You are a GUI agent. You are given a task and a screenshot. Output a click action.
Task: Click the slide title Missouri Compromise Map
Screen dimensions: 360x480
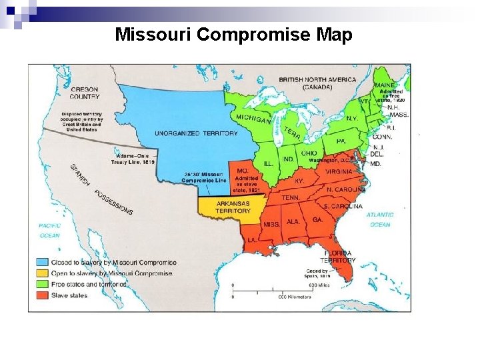tap(233, 35)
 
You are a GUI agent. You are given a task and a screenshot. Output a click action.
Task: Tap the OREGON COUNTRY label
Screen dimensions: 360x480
tap(85, 93)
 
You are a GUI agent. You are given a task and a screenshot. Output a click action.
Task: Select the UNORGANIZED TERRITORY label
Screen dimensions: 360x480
tap(196, 133)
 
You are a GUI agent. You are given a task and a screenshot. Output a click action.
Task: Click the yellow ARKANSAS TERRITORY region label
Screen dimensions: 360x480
tap(233, 207)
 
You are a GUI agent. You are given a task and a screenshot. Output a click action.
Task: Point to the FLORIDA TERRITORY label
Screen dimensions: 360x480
tap(339, 257)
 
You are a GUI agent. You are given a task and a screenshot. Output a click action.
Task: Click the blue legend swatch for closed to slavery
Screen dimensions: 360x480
tap(42, 263)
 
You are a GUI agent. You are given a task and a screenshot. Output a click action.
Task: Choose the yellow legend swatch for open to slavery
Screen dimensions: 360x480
tap(42, 273)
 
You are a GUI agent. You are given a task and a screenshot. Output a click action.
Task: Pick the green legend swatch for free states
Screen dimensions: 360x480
tap(42, 284)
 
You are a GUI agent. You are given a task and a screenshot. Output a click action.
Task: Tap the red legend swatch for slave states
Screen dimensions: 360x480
tap(42, 295)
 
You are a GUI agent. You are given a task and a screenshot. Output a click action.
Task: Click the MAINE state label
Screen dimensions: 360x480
tap(383, 86)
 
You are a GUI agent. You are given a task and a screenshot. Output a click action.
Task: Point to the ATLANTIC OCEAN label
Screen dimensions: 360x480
tap(380, 219)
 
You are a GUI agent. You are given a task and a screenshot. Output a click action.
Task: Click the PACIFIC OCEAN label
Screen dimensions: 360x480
tap(49, 230)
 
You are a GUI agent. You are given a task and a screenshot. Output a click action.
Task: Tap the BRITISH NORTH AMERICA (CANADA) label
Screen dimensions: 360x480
tap(317, 83)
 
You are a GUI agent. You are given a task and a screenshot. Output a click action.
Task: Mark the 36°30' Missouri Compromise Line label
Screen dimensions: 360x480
tap(205, 177)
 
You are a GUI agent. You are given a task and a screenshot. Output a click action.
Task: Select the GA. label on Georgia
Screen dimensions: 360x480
tap(317, 219)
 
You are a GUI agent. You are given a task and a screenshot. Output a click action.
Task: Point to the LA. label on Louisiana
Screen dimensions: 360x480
tap(253, 239)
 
